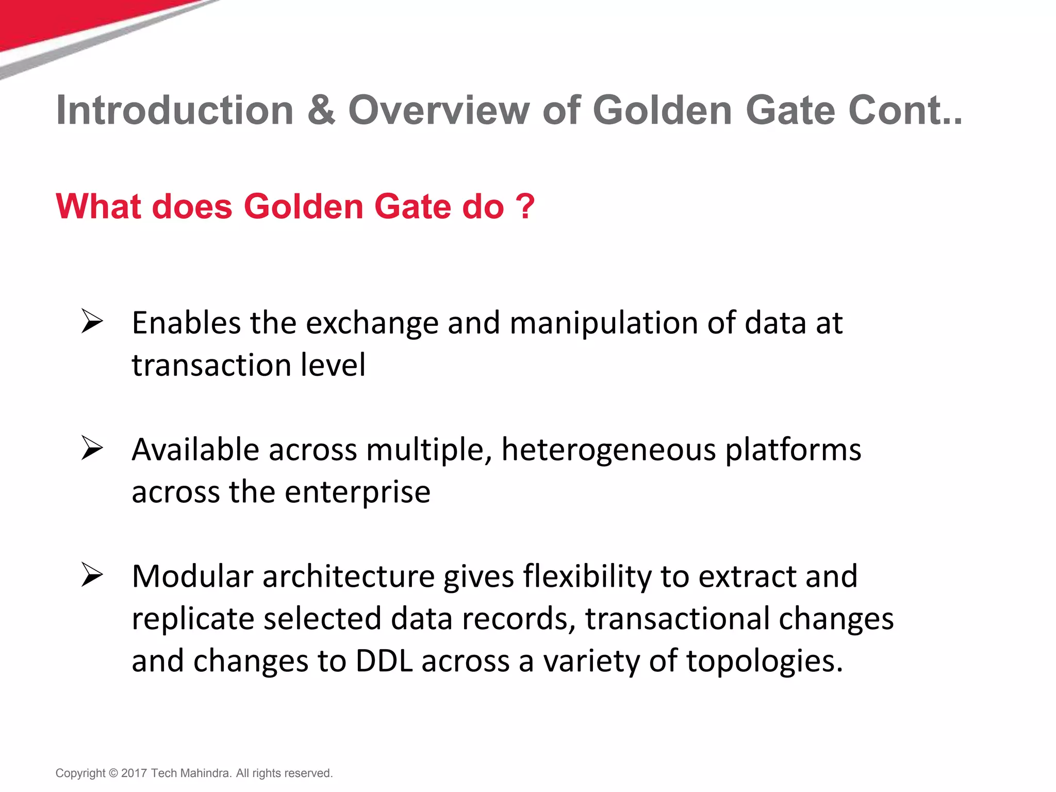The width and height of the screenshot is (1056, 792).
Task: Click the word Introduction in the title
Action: [x=175, y=111]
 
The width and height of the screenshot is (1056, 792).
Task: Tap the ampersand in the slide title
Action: [x=321, y=111]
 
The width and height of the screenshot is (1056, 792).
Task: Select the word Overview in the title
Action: [x=439, y=111]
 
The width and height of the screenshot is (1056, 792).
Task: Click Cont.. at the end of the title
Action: [x=905, y=111]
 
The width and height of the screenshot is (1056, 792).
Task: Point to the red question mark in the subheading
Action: [x=525, y=207]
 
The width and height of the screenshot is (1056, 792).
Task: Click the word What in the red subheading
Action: [x=98, y=207]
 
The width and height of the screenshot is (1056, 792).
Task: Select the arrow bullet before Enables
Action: [x=92, y=322]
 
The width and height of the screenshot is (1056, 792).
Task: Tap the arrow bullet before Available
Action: [x=92, y=448]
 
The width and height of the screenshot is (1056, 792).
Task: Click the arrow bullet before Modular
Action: [x=92, y=575]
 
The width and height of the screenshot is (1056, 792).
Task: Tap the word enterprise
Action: [x=357, y=492]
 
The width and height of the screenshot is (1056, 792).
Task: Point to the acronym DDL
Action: [x=384, y=662]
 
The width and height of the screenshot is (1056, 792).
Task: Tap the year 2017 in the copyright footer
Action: [x=134, y=773]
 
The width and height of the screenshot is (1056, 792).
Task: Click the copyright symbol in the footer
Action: [x=113, y=773]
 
